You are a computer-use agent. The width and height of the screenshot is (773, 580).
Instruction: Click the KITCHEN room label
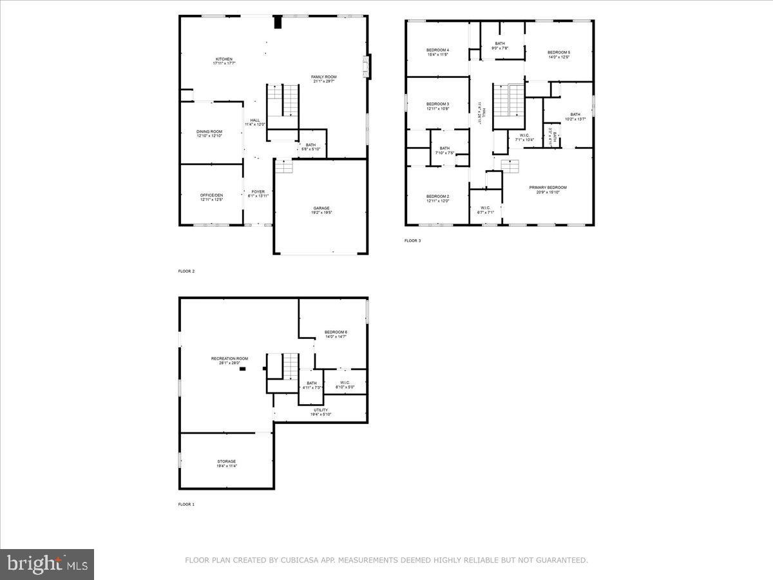(224, 59)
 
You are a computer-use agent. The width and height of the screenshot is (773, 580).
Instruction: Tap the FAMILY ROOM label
(323, 77)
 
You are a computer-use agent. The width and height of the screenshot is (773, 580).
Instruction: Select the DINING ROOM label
(209, 131)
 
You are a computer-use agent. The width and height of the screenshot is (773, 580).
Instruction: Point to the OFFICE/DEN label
(211, 195)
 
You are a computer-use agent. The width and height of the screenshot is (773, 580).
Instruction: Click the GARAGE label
(321, 208)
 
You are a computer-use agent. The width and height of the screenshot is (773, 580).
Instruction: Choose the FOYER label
(258, 191)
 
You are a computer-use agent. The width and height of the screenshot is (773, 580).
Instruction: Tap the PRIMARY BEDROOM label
(548, 188)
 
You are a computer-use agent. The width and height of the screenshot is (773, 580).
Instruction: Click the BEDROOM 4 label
(437, 50)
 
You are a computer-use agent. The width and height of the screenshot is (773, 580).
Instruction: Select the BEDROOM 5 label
(558, 52)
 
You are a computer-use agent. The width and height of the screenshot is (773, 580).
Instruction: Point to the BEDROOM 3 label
(437, 104)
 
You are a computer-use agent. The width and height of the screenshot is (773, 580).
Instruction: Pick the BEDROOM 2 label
(437, 196)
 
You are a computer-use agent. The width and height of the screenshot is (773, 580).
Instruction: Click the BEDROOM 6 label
(336, 331)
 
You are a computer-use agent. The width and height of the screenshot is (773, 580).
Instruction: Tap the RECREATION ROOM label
(229, 358)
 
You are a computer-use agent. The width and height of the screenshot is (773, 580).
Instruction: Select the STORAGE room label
(226, 461)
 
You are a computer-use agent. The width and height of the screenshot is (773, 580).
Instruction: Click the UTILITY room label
(321, 410)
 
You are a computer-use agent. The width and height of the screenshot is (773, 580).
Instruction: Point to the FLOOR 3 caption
(412, 241)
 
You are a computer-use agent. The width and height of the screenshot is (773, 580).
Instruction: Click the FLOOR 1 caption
(186, 504)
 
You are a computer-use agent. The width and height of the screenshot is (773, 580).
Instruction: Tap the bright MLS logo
(47, 564)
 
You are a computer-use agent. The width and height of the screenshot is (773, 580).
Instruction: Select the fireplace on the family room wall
(367, 66)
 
